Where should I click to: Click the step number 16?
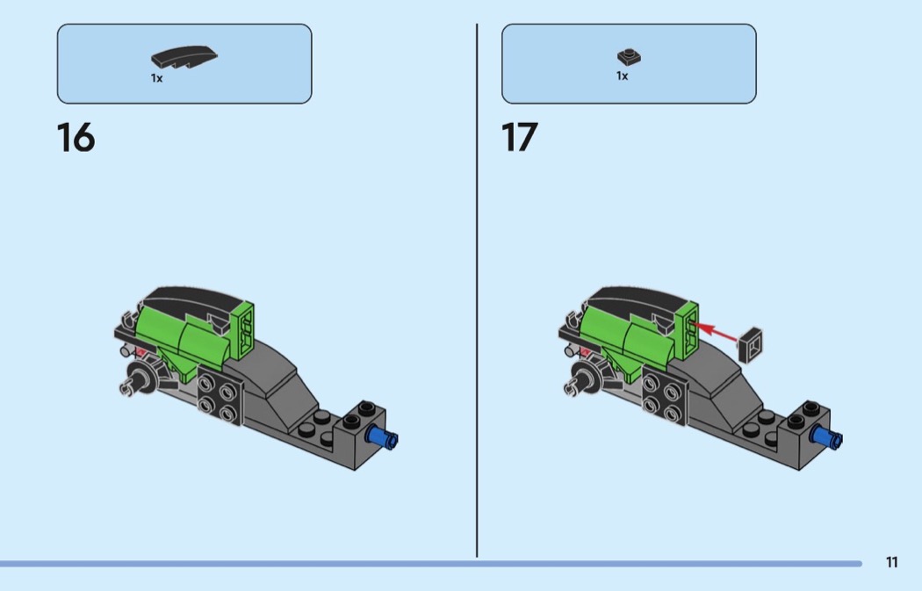76,138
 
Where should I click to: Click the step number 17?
519,138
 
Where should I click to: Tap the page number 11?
891,562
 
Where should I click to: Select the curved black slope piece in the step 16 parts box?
184,57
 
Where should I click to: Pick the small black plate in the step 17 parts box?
630,56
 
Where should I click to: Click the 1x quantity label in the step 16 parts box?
156,78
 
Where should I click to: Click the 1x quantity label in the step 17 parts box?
622,76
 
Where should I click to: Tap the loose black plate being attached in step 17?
751,345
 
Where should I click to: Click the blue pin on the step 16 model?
382,437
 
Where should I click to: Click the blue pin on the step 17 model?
826,437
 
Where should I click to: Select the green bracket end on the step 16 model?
242,329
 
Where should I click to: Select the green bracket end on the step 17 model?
687,329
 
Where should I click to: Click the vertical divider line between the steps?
477,290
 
